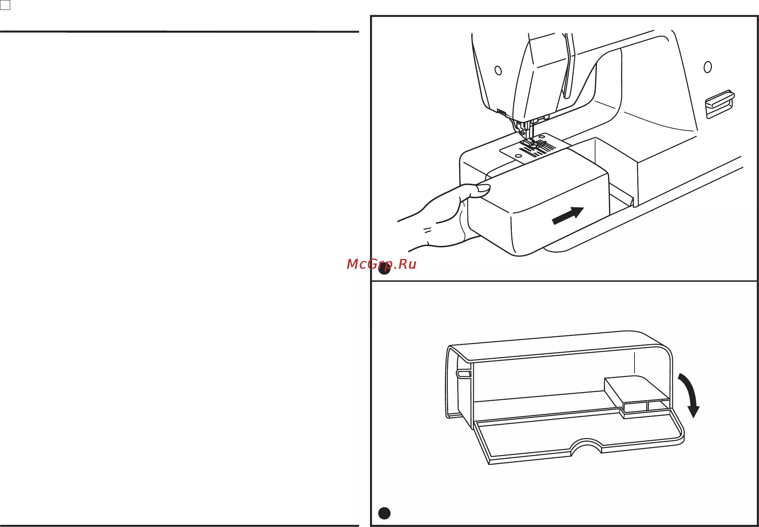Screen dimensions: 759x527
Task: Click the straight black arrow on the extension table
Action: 567,215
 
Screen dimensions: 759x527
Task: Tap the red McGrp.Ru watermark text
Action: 381,264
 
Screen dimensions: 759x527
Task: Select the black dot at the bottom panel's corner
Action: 384,513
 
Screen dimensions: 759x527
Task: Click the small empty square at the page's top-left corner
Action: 5,5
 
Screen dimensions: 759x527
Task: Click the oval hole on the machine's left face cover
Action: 498,70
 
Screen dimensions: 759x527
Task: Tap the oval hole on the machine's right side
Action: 708,67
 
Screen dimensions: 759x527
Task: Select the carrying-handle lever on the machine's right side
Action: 720,104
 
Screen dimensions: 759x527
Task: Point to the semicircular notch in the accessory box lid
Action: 586,445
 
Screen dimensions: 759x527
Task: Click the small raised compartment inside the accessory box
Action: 637,393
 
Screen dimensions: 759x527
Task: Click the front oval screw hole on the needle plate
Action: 518,155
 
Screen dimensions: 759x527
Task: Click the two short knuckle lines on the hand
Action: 427,230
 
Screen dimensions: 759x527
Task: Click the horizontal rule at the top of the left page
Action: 179,32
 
